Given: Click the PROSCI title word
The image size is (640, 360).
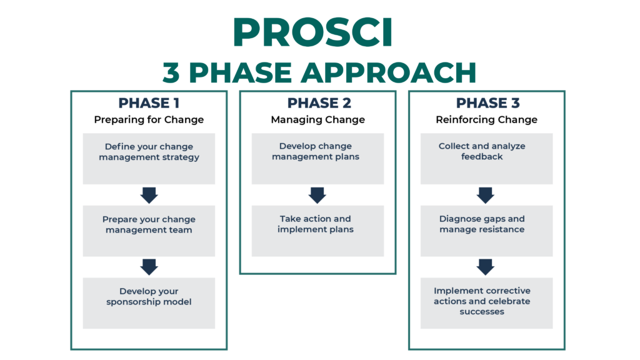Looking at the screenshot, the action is [312, 32].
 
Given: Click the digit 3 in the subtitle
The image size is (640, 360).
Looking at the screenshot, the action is [171, 72].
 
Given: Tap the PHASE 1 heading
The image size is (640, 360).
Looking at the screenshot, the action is [149, 103].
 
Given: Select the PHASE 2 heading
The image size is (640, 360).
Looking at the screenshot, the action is [319, 103].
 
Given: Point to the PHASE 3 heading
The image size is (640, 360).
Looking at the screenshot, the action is [487, 103].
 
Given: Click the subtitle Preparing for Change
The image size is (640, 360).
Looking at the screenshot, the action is [149, 119].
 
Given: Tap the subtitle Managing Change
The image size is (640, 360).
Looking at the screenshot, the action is [318, 119].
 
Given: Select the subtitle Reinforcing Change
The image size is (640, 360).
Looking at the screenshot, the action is [486, 119].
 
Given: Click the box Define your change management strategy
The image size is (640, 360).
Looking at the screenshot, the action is [149, 158].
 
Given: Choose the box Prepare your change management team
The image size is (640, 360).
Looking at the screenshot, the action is [149, 231].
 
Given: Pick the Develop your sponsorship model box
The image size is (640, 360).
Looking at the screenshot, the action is [149, 303].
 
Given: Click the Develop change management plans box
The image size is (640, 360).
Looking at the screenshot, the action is [317, 158].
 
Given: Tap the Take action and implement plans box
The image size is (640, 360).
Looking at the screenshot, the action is [317, 231].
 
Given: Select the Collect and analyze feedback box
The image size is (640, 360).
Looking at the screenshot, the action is [486, 158].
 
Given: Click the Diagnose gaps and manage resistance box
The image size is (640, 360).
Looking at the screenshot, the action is [486, 231].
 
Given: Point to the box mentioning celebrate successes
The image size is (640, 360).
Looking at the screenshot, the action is [486, 303].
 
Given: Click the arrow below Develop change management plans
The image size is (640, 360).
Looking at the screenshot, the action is [317, 195].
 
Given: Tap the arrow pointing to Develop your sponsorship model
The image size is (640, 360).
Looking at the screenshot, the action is [149, 267].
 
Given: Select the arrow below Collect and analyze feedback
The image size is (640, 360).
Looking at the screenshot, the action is [485, 195].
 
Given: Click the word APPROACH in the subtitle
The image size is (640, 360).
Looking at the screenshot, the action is [388, 72].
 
